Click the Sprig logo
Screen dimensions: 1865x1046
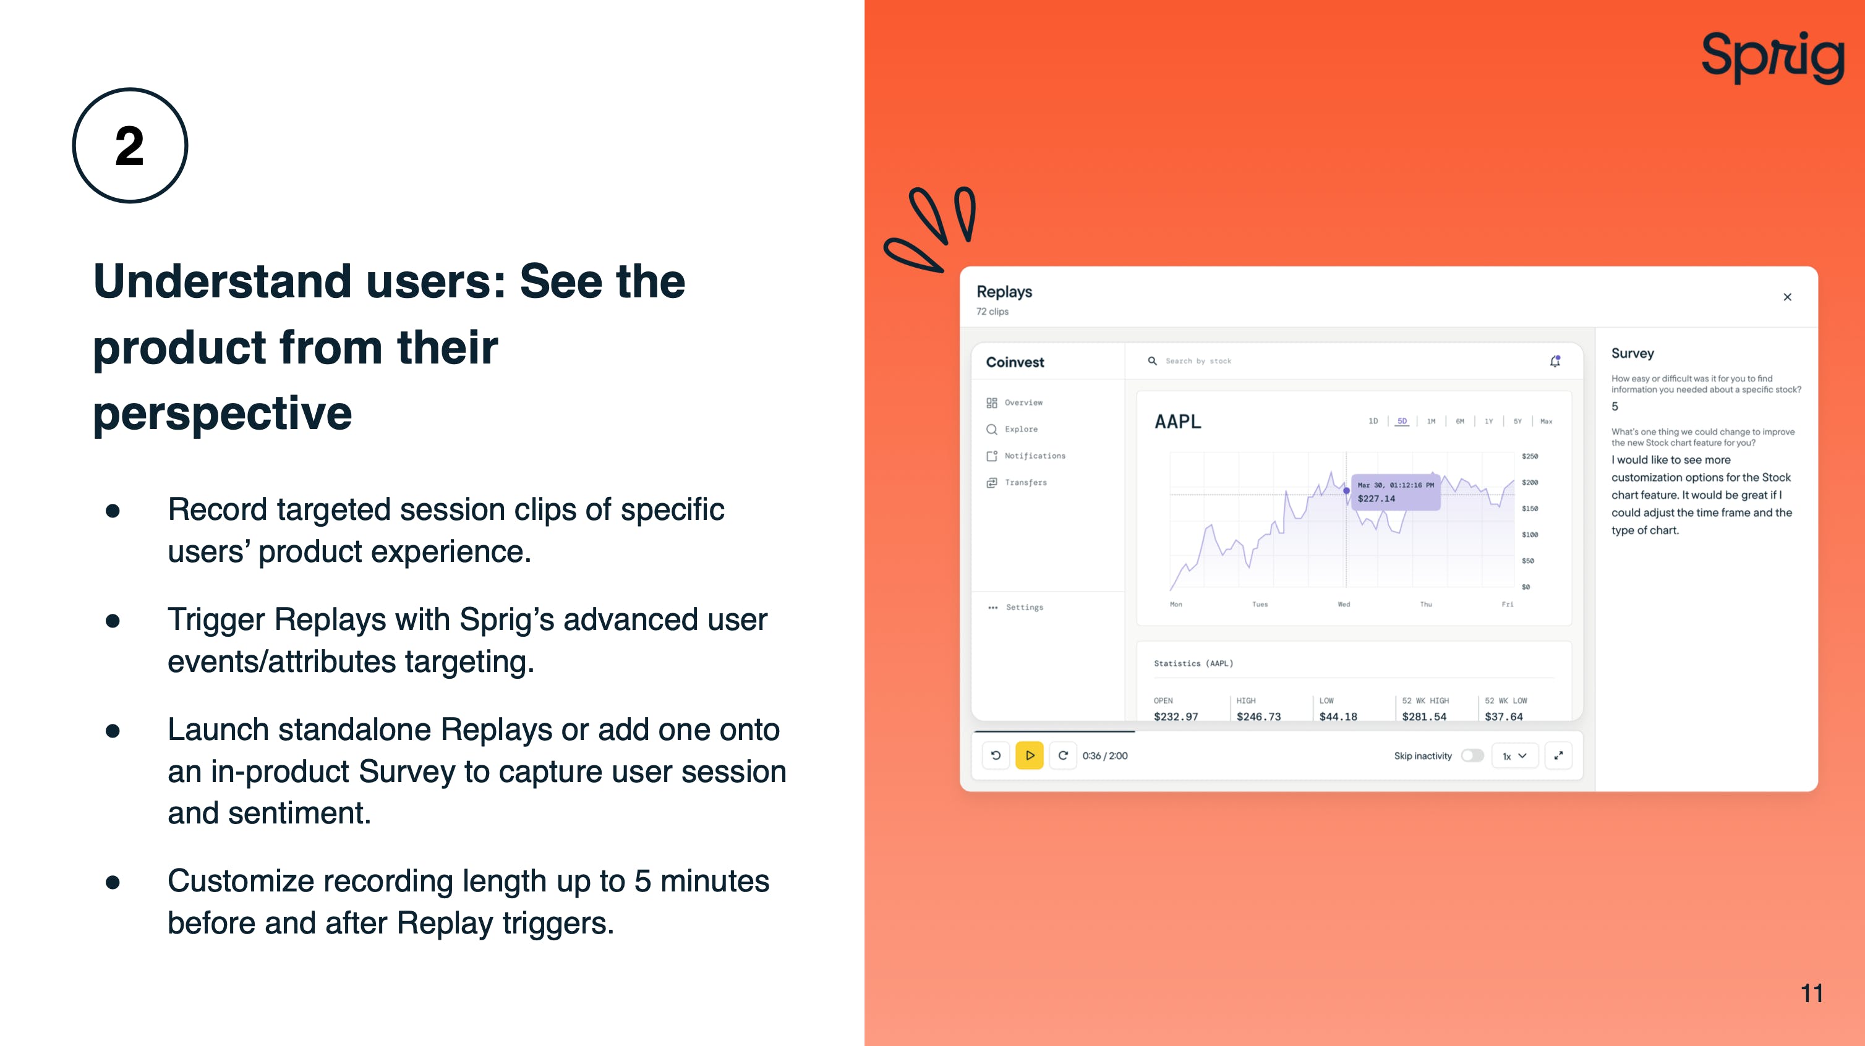[1772, 57]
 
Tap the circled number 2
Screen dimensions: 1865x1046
[130, 145]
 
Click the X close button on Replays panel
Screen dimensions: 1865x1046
[1788, 297]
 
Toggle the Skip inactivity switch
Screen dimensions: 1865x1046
[1472, 755]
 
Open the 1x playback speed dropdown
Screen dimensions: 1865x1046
[1514, 755]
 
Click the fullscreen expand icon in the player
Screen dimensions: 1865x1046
[1559, 755]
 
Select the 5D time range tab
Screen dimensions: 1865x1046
[1402, 421]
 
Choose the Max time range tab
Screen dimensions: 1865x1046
[1547, 421]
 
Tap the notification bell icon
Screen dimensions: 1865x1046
[1555, 361]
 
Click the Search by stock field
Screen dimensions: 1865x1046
[1198, 361]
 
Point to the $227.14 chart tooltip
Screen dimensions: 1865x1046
[1396, 492]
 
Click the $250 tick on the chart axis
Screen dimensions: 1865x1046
[1530, 456]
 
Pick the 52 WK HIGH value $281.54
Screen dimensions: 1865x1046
[1424, 716]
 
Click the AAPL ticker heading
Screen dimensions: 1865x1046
[1178, 421]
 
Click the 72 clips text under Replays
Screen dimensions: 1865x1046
[992, 312]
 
